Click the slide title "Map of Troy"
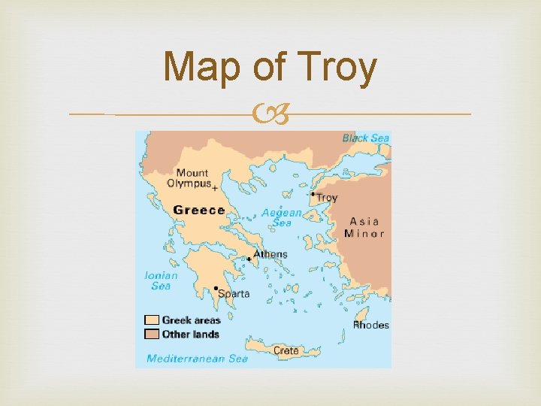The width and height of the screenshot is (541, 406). pos(270,68)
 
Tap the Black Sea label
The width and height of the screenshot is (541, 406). pos(365,138)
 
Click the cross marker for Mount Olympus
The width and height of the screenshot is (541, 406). pos(215,188)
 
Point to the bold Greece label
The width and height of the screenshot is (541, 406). pos(199,211)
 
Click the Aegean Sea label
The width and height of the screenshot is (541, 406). pos(282,217)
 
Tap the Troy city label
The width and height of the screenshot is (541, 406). pos(327,198)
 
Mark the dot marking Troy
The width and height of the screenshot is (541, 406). pos(313,194)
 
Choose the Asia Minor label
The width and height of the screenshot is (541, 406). pos(364,227)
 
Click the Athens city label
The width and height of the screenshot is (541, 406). pos(270,254)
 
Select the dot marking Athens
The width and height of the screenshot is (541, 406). pos(249,259)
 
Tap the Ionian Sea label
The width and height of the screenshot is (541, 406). pos(161,280)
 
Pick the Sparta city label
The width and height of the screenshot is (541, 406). pos(234,294)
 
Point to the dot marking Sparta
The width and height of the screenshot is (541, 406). pos(216,288)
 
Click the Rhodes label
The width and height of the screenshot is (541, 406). pos(371,325)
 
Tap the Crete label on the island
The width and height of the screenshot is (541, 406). pos(286,350)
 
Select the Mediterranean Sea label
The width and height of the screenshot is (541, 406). pos(197,359)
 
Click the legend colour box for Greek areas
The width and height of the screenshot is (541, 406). pos(152,320)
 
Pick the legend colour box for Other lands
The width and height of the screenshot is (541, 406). pos(152,334)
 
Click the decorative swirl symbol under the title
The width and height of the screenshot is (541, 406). pos(270,114)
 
